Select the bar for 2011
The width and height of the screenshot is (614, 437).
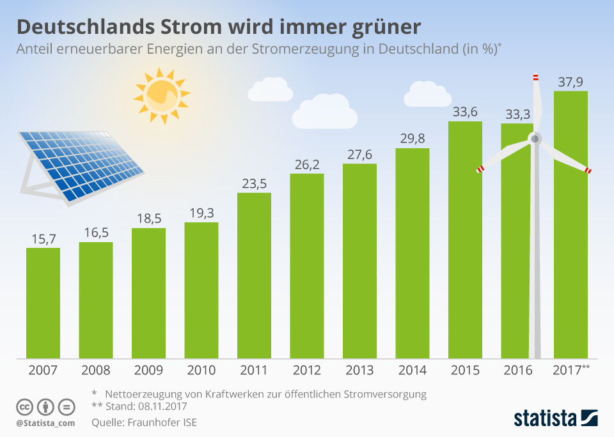click(x=254, y=275)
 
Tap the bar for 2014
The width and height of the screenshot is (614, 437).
click(x=413, y=252)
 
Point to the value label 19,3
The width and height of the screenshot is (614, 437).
click(x=201, y=213)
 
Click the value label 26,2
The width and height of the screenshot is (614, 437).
click(x=306, y=165)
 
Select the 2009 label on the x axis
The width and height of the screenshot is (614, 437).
click(x=148, y=370)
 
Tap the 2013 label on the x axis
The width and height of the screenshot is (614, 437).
click(x=359, y=370)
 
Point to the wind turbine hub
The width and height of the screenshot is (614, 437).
click(x=534, y=138)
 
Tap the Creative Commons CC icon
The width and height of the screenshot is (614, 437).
click(x=24, y=407)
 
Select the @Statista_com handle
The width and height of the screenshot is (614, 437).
click(x=45, y=423)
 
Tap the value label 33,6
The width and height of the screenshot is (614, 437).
click(x=465, y=112)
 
